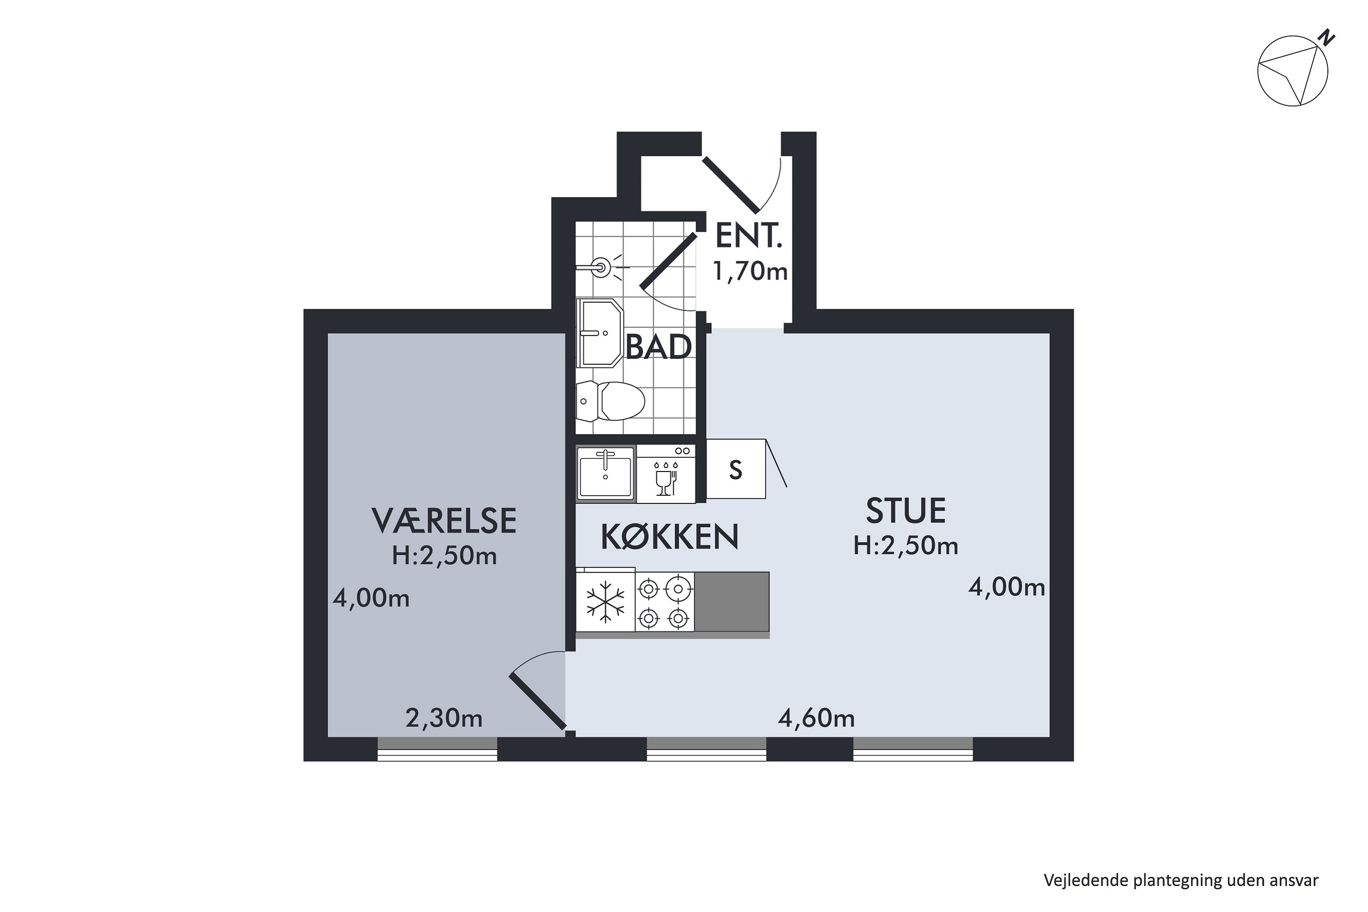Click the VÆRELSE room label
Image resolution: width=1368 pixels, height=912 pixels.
coord(444,521)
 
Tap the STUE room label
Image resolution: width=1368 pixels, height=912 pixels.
coord(906,511)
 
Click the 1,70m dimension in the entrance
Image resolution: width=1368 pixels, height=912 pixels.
coord(750,271)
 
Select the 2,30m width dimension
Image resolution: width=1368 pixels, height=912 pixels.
coord(444,719)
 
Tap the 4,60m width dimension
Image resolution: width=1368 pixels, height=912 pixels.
coord(816,719)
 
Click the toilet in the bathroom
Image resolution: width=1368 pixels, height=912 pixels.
coord(611,401)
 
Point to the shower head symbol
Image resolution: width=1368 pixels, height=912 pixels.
coord(600,268)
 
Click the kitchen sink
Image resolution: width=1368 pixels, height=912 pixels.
coord(606,473)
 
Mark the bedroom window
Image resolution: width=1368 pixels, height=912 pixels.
coord(437,749)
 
